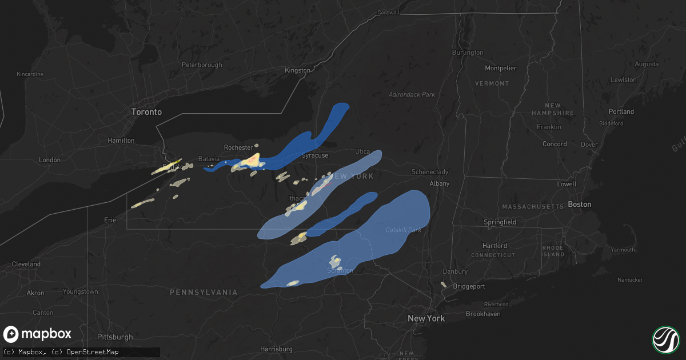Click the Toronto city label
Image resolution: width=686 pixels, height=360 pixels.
point(146,112)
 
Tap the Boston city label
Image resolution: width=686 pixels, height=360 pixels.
point(579,204)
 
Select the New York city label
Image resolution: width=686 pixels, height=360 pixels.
point(425,318)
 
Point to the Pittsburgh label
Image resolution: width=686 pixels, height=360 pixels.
point(114,337)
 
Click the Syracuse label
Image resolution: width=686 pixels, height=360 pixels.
point(315,155)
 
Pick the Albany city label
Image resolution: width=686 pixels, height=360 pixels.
point(440,183)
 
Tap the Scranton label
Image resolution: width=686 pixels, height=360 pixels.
point(340,270)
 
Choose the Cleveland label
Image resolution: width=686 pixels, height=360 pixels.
point(26,265)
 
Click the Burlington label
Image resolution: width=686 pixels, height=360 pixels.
point(468,53)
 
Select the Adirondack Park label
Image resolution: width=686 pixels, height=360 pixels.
point(412,94)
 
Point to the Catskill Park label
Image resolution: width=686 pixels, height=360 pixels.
point(403,230)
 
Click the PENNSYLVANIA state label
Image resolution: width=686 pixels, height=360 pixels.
point(204,292)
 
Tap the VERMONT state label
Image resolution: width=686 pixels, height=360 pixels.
point(492,83)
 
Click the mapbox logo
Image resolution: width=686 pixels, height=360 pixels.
point(38,334)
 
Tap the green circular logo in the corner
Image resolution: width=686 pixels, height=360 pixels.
point(665,339)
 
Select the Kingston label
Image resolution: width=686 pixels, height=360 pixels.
point(298,70)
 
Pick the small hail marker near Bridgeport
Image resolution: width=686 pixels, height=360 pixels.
point(443,284)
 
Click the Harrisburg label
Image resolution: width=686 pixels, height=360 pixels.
point(276,349)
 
